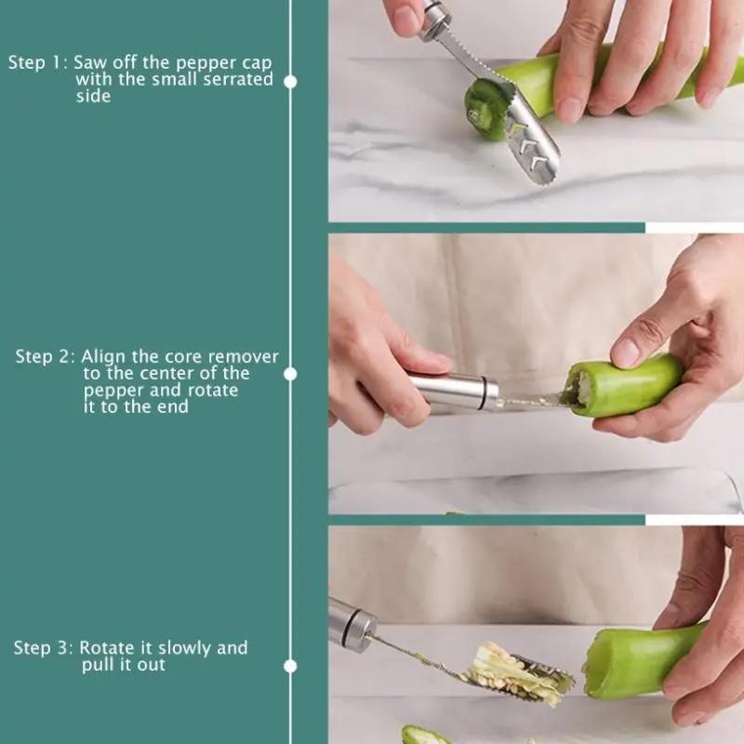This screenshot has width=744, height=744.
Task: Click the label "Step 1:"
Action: [38, 63]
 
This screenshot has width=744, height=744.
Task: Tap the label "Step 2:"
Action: [45, 357]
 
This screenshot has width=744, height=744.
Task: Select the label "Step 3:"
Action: [43, 648]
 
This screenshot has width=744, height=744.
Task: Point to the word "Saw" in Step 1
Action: [90, 63]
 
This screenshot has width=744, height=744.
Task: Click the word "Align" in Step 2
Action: [104, 357]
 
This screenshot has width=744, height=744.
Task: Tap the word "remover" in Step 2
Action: [244, 357]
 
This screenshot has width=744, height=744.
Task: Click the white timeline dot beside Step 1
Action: [290, 81]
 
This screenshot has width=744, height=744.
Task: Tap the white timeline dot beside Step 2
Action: [290, 373]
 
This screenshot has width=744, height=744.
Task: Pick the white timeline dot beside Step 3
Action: [290, 666]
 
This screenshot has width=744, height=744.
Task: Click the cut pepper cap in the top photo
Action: [484, 103]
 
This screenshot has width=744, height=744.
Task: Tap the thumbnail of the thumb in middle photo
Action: [626, 352]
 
